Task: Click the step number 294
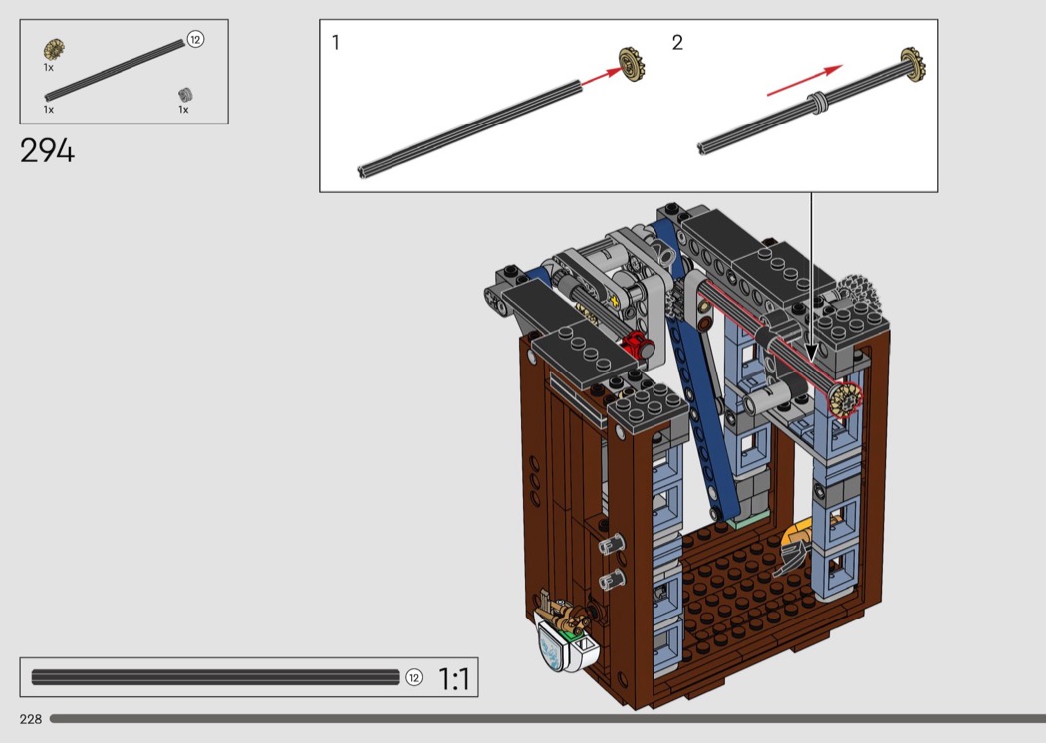pos(48,150)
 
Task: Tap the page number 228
pos(31,719)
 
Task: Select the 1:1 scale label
pos(453,679)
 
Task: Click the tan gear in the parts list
pos(54,50)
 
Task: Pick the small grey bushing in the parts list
pos(185,94)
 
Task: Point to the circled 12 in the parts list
pos(195,40)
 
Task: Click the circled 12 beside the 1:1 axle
pos(414,677)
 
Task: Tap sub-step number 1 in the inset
pos(335,43)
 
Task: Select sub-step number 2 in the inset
pos(677,43)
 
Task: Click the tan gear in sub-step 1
pos(631,64)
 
